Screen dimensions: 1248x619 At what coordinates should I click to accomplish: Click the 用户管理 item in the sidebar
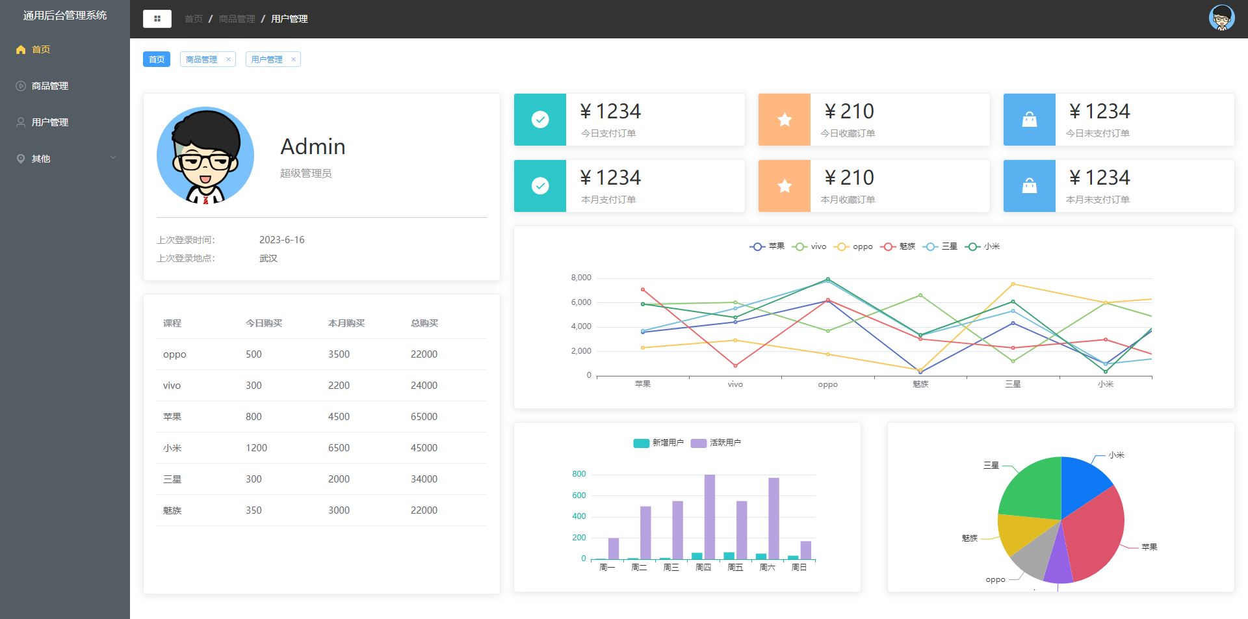(50, 122)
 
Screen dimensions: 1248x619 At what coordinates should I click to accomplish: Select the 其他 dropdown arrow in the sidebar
(113, 158)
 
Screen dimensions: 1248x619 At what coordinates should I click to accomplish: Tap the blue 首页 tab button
(157, 59)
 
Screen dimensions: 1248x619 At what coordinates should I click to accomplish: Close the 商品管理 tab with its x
(228, 60)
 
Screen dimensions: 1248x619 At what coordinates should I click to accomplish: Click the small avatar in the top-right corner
(1221, 18)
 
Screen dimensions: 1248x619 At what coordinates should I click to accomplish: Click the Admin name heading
(313, 146)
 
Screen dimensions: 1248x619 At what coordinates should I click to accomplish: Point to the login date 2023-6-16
(281, 240)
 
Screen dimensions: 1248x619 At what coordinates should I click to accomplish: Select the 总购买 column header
(424, 323)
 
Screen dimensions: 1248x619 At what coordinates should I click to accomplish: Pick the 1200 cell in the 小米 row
(256, 448)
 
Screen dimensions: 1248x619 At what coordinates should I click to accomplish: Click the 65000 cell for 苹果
(424, 417)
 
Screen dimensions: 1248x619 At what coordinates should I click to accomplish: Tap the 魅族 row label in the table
(172, 510)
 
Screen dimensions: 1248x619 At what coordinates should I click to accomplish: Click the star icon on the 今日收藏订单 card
(785, 120)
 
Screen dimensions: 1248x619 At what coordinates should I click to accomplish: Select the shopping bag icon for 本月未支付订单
(1030, 186)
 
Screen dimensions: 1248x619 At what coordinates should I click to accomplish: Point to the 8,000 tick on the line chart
(581, 278)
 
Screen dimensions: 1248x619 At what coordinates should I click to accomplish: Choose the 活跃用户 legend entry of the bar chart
(716, 443)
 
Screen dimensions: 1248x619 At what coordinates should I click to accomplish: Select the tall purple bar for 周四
(710, 517)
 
